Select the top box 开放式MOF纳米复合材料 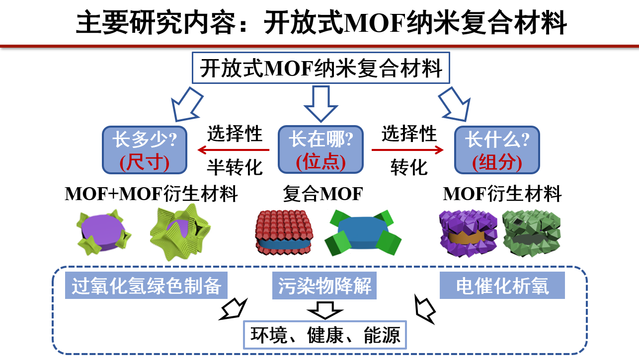[320, 68]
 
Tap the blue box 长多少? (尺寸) [145, 150]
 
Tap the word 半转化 [235, 167]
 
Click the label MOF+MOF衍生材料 [152, 194]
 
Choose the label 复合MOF [322, 194]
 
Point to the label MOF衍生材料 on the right [502, 194]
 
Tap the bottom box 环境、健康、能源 [325, 335]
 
